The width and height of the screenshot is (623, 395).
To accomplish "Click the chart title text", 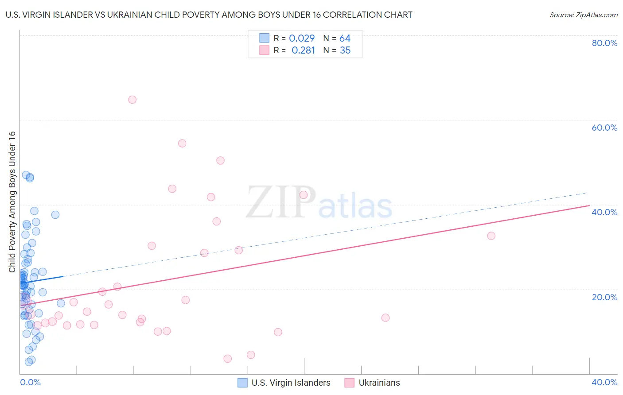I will click(209, 15).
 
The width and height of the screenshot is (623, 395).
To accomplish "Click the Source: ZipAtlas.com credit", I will click(583, 15).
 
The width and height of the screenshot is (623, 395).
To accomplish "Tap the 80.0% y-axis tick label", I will click(604, 43).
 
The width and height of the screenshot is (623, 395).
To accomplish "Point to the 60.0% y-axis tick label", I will click(604, 128).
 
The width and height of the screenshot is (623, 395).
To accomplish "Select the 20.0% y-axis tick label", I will click(604, 297).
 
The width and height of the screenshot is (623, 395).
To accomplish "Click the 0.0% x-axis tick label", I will click(30, 382).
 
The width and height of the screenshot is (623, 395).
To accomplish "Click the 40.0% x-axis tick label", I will click(604, 382).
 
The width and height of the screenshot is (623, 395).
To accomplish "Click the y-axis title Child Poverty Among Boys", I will click(12, 202).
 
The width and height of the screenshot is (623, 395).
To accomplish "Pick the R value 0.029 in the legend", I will click(302, 39).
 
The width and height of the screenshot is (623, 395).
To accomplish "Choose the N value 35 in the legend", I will click(345, 50).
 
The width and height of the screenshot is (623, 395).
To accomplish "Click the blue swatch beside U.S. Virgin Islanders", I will click(242, 383).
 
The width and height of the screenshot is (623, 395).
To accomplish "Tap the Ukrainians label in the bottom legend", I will click(379, 383).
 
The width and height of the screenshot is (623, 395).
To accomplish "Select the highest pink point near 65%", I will click(132, 100).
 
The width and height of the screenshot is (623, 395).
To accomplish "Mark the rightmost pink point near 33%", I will click(491, 236).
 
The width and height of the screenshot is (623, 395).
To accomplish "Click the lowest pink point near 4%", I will click(228, 359).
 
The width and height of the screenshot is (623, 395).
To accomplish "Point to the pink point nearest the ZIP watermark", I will click(304, 195).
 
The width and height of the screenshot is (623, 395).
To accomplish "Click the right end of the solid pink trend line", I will click(589, 205).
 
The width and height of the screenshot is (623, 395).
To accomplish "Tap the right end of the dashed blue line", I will click(588, 193).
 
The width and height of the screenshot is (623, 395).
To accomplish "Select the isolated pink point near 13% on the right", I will click(385, 318).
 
